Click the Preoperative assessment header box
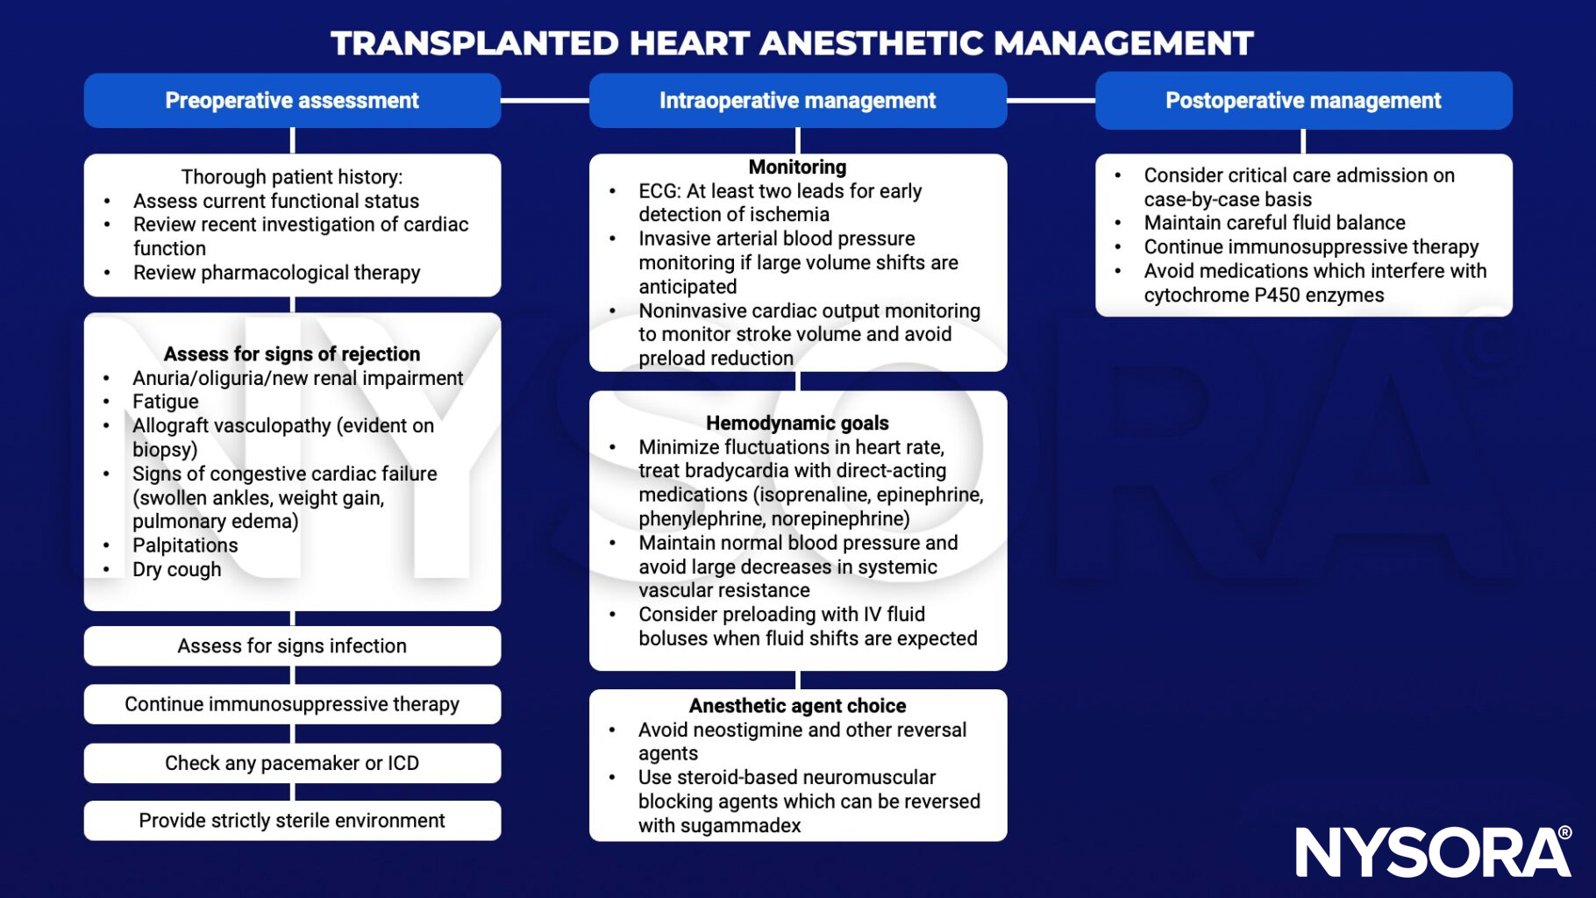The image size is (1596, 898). tap(292, 101)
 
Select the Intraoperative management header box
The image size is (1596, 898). tap(797, 101)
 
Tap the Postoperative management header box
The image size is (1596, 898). tap(1303, 101)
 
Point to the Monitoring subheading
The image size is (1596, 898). tap(797, 167)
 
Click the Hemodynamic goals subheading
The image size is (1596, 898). tap(797, 423)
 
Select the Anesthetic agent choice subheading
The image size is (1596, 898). tap(797, 706)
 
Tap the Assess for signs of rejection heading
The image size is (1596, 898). tap(292, 354)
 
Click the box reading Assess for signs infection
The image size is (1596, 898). tap(292, 646)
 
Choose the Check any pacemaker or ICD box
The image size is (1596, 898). tap(292, 763)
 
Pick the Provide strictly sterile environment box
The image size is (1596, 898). tap(292, 821)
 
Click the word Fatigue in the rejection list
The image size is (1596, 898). tap(166, 402)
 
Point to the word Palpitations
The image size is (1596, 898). tap(185, 545)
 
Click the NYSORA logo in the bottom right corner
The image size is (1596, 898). tap(1433, 852)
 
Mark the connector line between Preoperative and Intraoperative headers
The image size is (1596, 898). tap(545, 101)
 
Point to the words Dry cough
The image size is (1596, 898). tap(177, 569)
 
